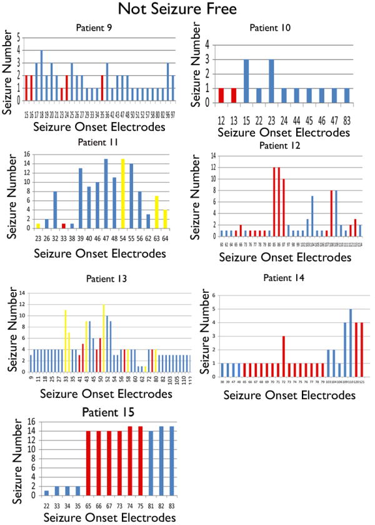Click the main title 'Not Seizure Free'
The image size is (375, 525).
coord(187,11)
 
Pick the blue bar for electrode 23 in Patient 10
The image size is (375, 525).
coord(271,81)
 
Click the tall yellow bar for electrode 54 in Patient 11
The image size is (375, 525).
coord(122,194)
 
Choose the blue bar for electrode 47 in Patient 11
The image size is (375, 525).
coord(106,194)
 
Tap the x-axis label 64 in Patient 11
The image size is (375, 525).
coord(165,238)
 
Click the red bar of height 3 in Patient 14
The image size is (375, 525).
coord(283,356)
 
